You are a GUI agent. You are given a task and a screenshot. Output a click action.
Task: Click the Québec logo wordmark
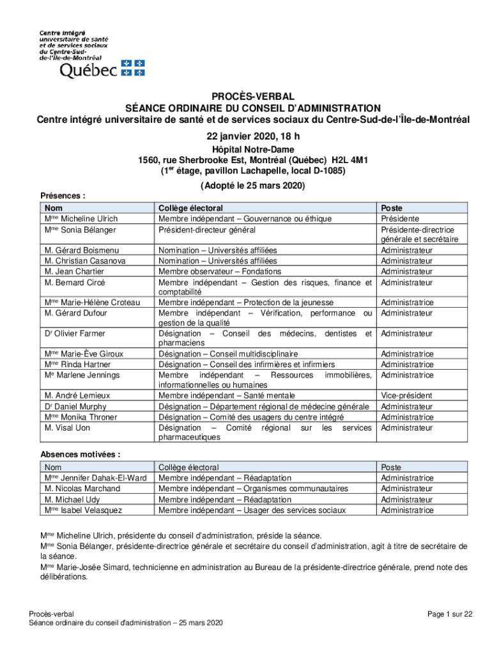(88, 70)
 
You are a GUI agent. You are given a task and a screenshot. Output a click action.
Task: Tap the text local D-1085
(313, 171)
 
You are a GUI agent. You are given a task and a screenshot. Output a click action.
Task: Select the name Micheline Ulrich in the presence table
(89, 219)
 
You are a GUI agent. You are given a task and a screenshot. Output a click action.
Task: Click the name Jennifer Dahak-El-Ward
(104, 478)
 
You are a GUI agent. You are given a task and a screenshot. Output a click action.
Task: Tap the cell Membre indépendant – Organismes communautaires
(253, 489)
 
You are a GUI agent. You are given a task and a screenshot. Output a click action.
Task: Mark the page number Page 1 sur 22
(450, 614)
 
